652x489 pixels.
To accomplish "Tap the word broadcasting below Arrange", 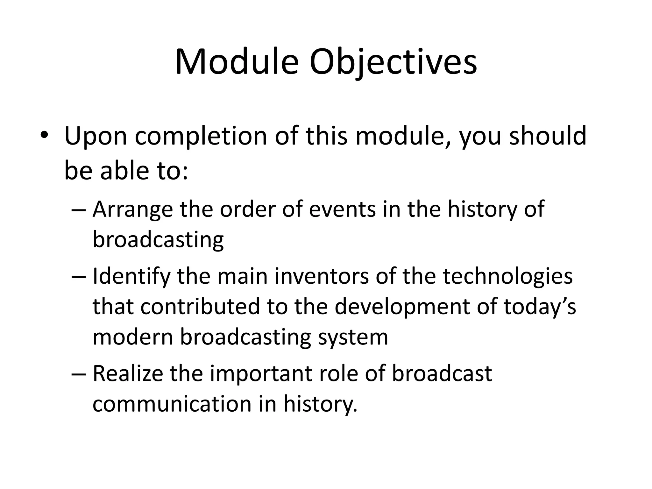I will [x=158, y=240].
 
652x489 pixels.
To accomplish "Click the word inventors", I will [x=322, y=276].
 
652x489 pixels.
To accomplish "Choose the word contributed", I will [x=200, y=307].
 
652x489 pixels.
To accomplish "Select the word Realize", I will [x=128, y=373].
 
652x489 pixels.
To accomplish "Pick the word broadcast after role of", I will [x=442, y=373].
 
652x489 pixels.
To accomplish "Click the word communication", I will [x=172, y=404].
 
